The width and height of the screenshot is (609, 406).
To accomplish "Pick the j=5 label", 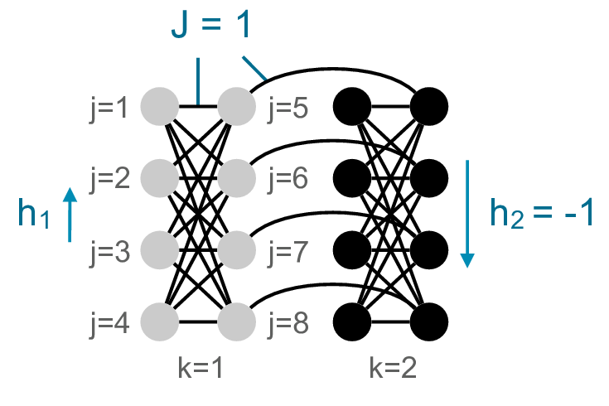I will (286, 107).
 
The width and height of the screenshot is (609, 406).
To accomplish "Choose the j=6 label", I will (286, 177).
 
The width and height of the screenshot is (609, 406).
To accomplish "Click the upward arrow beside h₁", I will (70, 214).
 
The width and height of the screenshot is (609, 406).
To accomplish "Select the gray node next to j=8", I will (236, 320).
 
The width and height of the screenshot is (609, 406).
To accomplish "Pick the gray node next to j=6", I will (236, 177).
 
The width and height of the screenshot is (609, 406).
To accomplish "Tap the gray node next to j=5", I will (236, 106).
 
